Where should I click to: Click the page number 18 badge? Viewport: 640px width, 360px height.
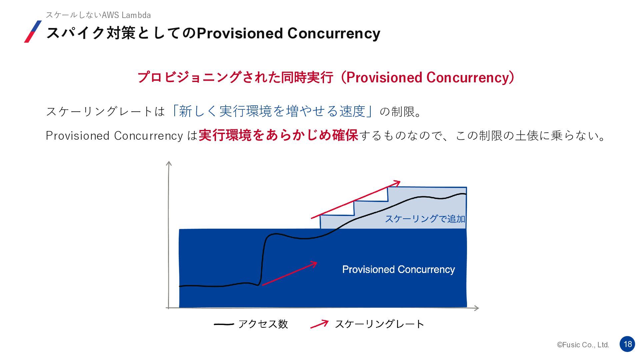(627, 344)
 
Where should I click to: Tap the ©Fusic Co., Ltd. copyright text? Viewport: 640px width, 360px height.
(583, 345)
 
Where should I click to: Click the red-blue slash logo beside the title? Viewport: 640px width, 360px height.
(33, 32)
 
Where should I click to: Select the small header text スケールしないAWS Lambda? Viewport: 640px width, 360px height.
(98, 15)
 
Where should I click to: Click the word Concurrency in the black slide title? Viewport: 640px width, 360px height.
(334, 33)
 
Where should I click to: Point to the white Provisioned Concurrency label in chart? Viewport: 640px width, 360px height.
(399, 269)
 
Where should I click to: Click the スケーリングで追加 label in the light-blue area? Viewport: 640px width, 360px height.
(425, 219)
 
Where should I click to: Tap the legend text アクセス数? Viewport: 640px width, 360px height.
(263, 324)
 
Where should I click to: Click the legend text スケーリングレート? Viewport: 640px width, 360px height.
(379, 324)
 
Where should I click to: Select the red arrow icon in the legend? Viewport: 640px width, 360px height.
(319, 324)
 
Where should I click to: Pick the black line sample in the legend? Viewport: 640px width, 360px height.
(224, 324)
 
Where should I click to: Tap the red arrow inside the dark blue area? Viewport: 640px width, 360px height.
(289, 273)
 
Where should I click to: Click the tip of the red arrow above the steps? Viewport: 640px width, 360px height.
(400, 182)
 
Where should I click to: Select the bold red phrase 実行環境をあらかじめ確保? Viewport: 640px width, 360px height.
(278, 135)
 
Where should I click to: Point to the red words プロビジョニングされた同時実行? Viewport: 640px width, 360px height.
(235, 77)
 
